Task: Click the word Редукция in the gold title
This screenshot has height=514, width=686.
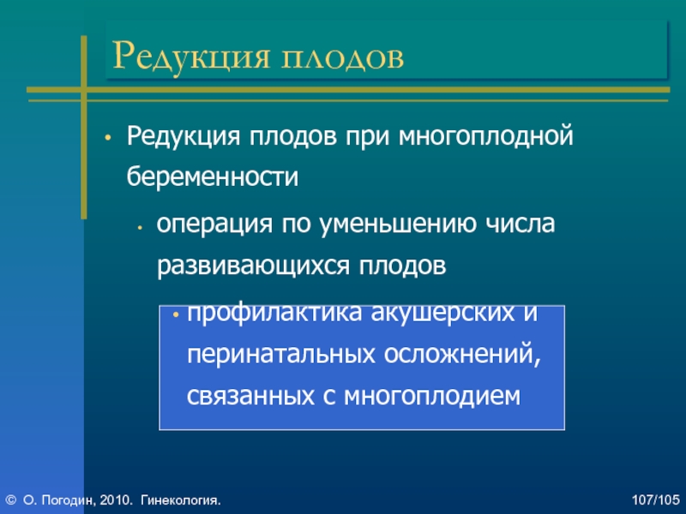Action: pyautogui.click(x=190, y=57)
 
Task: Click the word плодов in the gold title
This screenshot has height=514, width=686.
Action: pyautogui.click(x=342, y=57)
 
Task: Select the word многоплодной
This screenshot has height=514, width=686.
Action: pyautogui.click(x=485, y=136)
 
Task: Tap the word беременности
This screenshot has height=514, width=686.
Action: pyautogui.click(x=213, y=176)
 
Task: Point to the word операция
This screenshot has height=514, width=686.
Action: pyautogui.click(x=214, y=224)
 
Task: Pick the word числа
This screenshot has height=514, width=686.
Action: pyautogui.click(x=521, y=223)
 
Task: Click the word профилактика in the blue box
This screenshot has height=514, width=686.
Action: pyautogui.click(x=274, y=314)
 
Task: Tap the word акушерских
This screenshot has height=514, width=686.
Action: pyautogui.click(x=442, y=314)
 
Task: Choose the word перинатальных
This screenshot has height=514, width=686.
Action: pyautogui.click(x=281, y=355)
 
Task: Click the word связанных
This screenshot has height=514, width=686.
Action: pyautogui.click(x=250, y=396)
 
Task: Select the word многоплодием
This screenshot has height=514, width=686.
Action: pyautogui.click(x=432, y=397)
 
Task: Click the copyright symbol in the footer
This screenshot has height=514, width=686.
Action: pyautogui.click(x=11, y=500)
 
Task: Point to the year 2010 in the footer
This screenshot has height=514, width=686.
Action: pyautogui.click(x=115, y=500)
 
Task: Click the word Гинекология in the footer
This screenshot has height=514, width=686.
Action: pyautogui.click(x=179, y=500)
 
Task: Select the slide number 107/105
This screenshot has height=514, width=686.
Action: pyautogui.click(x=655, y=500)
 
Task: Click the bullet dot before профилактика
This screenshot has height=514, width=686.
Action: pyautogui.click(x=177, y=314)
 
